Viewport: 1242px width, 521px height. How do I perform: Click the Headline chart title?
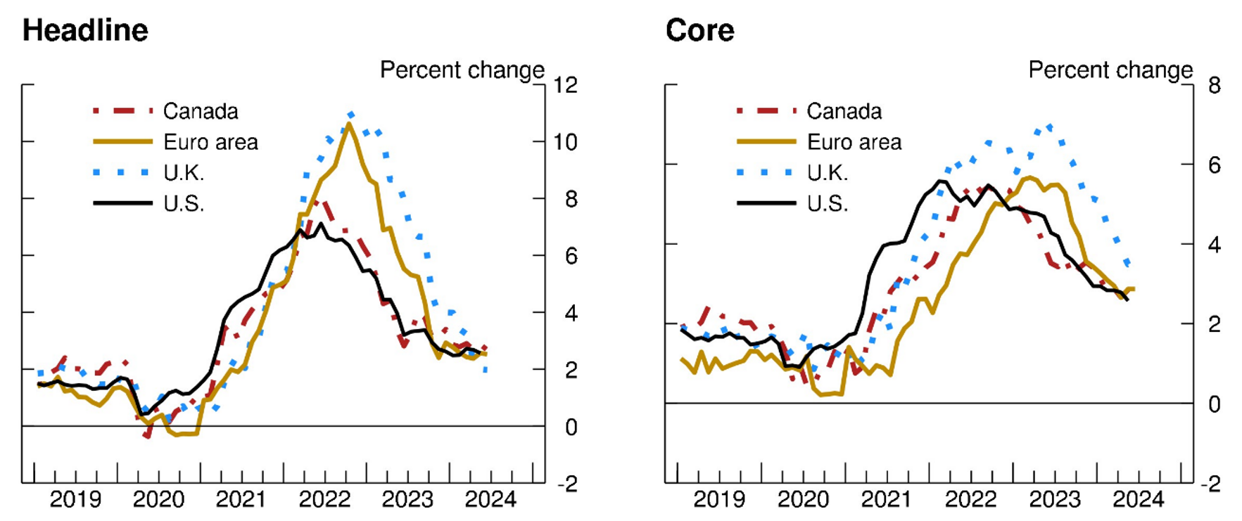tap(85, 31)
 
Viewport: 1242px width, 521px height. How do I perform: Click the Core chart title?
tap(699, 31)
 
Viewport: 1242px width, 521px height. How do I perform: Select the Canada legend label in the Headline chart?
tap(201, 111)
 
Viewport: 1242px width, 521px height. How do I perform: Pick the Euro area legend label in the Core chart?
tap(854, 142)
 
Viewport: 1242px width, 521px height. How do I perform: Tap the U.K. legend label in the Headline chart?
tap(184, 173)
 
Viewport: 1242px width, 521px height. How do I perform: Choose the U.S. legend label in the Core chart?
tap(827, 204)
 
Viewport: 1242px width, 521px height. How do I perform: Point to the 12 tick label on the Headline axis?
tap(565, 85)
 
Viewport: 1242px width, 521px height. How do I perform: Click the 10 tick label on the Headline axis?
tap(565, 142)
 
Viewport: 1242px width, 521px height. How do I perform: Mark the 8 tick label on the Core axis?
tap(1214, 85)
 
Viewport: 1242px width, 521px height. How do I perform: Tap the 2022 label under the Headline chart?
tap(324, 500)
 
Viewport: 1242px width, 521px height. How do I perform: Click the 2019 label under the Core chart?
tap(718, 500)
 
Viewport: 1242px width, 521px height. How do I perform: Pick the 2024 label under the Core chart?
tap(1138, 500)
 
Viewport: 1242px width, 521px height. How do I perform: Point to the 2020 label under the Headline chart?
tap(158, 500)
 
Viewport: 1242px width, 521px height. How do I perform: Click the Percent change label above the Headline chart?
tap(462, 70)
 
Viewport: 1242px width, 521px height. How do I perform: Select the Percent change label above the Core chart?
tap(1110, 70)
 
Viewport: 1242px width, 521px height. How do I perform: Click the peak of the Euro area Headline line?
tap(349, 124)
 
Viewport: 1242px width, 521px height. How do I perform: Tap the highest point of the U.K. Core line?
tap(1049, 127)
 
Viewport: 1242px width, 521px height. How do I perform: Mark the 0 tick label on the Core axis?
tap(1214, 404)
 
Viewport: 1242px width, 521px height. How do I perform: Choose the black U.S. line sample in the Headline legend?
tap(122, 203)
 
